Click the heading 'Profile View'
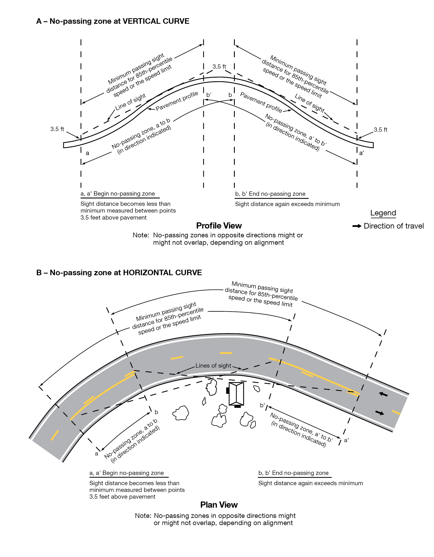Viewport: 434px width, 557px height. (x=219, y=226)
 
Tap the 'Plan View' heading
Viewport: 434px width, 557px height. (x=219, y=505)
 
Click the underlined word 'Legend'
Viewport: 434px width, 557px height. (x=383, y=213)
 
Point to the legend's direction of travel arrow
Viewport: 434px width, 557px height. (x=357, y=226)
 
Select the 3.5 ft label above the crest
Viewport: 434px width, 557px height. (x=219, y=67)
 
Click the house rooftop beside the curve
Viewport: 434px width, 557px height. (x=236, y=394)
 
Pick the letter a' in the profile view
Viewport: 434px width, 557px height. (x=361, y=153)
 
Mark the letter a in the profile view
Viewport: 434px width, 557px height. (x=87, y=153)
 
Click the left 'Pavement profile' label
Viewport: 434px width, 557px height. (x=177, y=101)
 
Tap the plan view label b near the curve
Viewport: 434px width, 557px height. (x=156, y=412)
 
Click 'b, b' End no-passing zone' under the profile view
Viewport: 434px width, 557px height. (x=270, y=194)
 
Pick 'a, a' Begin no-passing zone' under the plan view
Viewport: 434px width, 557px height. (x=127, y=473)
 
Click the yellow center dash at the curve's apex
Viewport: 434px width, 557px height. (x=226, y=353)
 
